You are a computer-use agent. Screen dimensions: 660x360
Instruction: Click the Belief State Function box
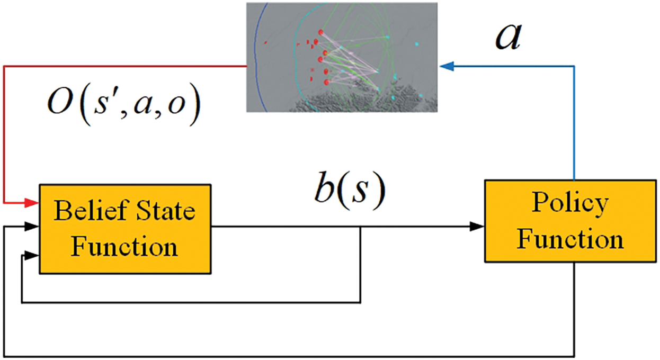(125, 229)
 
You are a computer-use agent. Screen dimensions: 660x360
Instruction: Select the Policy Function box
(570, 221)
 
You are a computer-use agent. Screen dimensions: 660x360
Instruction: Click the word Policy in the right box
(570, 203)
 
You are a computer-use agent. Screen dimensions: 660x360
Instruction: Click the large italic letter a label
(509, 38)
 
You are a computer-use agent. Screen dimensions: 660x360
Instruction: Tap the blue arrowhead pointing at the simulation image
(447, 66)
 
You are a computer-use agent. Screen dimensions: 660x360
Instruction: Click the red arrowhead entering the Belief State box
(32, 203)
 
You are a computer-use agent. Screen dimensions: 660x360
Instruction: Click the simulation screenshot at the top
(342, 58)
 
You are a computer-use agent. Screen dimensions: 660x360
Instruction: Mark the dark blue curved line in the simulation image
(258, 58)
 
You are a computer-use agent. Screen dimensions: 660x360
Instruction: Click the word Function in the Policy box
(570, 240)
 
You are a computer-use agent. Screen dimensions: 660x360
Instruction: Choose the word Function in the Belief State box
(124, 247)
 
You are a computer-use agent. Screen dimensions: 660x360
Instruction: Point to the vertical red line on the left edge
(4, 134)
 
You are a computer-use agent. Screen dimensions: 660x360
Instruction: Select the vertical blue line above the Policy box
(574, 123)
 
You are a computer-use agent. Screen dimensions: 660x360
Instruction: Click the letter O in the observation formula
(59, 103)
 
